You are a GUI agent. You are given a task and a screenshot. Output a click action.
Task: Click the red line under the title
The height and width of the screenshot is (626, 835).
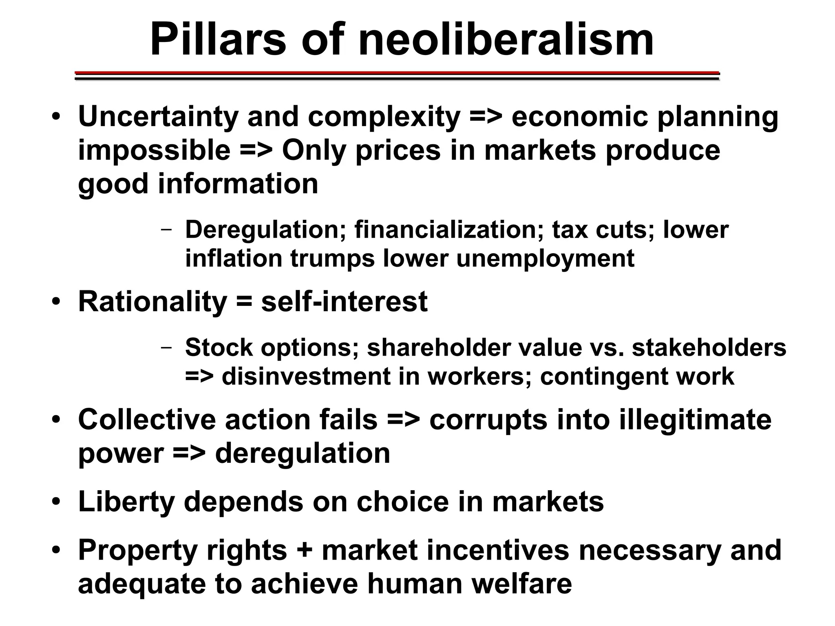point(397,73)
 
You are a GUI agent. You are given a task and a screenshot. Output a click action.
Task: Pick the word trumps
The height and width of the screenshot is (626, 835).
point(332,259)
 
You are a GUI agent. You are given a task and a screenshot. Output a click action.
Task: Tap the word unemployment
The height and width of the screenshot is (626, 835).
point(545,259)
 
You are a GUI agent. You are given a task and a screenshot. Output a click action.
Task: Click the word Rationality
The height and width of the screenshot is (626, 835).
point(152,302)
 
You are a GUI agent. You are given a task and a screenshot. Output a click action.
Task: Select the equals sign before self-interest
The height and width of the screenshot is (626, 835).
point(243,303)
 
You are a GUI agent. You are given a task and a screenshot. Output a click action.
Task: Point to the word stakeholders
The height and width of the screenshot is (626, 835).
point(709,347)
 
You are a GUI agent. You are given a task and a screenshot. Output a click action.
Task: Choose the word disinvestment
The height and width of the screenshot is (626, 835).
point(306,376)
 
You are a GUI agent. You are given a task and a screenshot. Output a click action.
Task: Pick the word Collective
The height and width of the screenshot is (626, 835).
point(147,420)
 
